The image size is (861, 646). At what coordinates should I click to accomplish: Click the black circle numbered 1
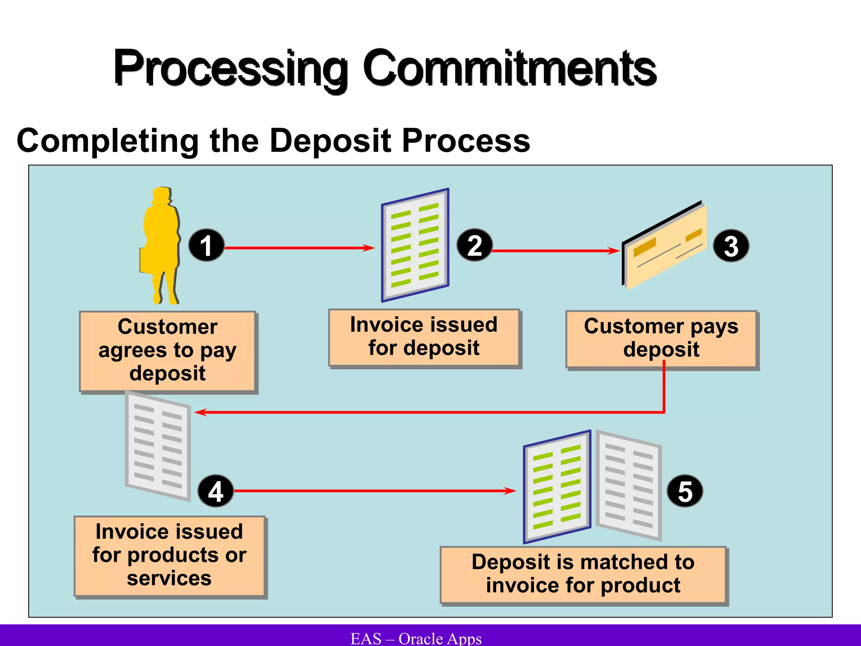click(206, 245)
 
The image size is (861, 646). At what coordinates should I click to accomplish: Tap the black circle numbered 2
click(474, 245)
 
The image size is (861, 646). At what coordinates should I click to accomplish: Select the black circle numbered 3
click(731, 246)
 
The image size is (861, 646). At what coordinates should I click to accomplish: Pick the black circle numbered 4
click(215, 491)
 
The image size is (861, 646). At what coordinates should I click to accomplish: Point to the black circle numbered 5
click(685, 491)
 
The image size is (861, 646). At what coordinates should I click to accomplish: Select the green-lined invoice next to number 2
click(415, 245)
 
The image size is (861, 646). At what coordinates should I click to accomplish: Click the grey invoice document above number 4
click(158, 446)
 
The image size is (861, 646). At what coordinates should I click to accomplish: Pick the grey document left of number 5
click(629, 486)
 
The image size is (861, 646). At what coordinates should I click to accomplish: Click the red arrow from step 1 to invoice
click(298, 248)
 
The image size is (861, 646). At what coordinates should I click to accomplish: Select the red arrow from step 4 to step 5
click(374, 491)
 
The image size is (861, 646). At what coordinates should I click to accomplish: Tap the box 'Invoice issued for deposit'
click(424, 337)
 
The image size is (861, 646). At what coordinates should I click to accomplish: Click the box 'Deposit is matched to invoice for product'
click(583, 574)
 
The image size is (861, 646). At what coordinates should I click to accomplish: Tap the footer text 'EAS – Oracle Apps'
click(416, 638)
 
